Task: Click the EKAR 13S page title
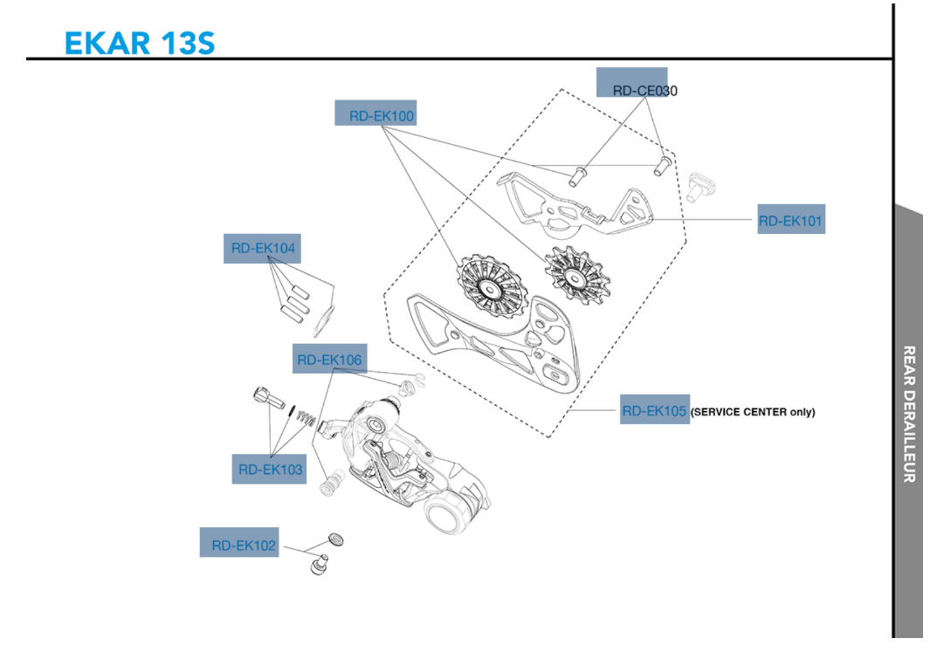point(140,42)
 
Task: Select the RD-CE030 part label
point(644,90)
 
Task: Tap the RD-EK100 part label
point(382,115)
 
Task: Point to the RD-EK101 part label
point(789,221)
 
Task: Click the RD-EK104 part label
point(263,248)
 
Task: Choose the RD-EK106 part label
point(328,359)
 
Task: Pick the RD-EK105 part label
point(654,410)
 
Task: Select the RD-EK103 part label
point(270,470)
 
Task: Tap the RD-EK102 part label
point(244,546)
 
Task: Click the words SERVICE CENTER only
point(753,412)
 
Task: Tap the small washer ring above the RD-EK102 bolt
point(334,539)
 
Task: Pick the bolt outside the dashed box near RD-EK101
point(700,185)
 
